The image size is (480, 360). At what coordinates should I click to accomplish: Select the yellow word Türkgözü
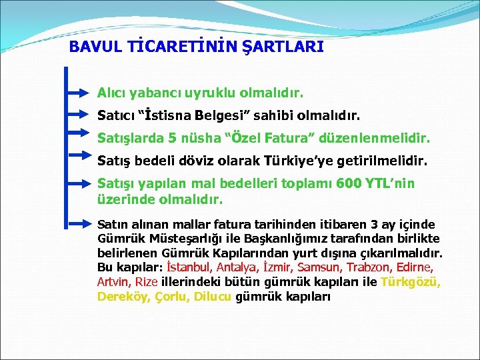point(410,281)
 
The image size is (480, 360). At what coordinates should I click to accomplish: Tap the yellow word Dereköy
point(124,296)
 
